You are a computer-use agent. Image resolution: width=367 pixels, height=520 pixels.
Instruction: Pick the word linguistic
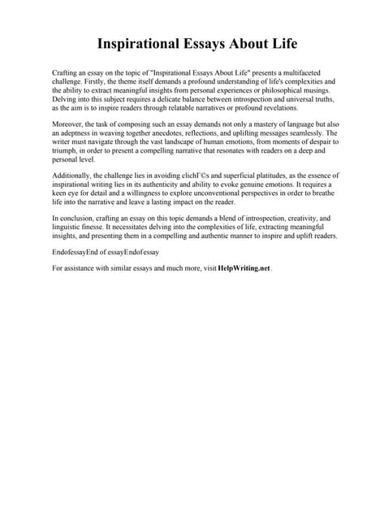[68, 227]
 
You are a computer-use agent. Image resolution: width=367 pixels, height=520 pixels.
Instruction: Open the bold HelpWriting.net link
[244, 268]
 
